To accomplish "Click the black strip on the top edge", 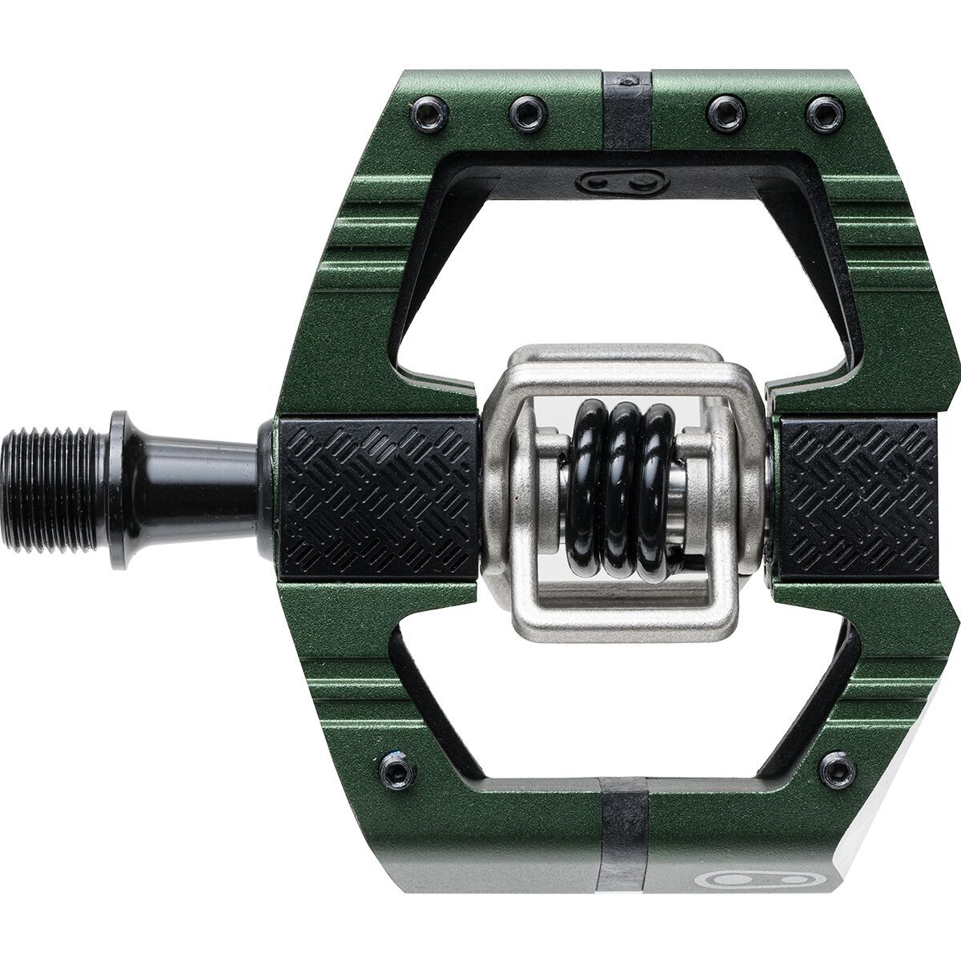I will click(x=627, y=104).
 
